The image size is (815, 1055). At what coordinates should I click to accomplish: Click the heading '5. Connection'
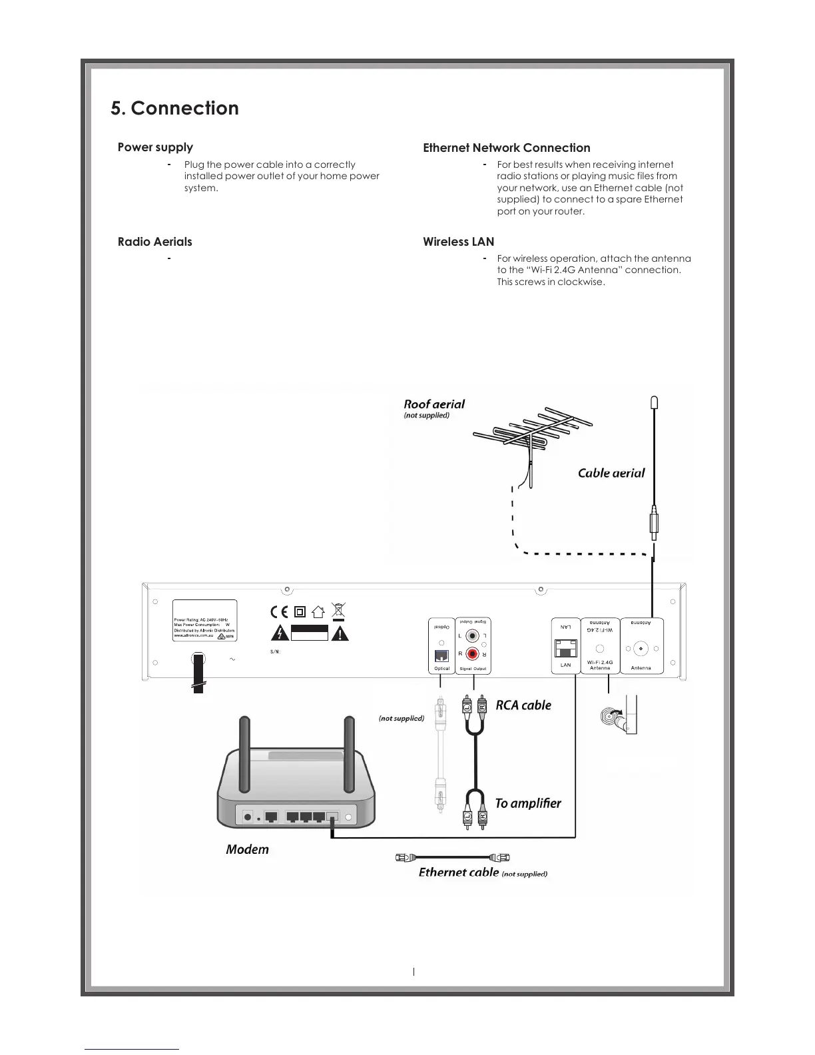click(174, 109)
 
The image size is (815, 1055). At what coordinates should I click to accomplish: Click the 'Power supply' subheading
click(155, 147)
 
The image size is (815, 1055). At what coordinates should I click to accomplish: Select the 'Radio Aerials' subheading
click(154, 242)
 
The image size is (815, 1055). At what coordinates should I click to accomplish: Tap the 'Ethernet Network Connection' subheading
click(506, 148)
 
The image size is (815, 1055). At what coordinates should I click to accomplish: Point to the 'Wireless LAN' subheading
click(458, 242)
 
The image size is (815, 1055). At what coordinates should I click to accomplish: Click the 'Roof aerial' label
click(434, 404)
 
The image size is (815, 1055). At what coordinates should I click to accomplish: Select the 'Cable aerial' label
click(611, 473)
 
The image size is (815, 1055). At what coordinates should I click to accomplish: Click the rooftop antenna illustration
click(531, 437)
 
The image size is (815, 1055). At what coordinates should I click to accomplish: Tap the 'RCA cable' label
click(523, 705)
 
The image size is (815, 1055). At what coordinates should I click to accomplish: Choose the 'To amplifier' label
click(527, 803)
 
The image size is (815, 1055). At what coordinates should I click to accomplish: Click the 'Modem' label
click(247, 849)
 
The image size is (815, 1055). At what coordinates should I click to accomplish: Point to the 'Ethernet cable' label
click(458, 873)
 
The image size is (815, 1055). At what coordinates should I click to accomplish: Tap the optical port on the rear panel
click(441, 655)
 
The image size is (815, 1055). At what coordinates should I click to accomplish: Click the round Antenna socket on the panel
click(641, 648)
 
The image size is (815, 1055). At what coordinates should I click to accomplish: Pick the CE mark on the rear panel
click(279, 612)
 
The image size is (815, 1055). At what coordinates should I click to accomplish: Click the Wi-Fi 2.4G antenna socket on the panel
click(599, 649)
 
